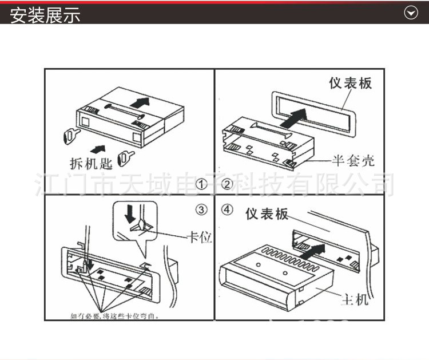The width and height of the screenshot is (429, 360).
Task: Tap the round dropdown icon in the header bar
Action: (x=411, y=13)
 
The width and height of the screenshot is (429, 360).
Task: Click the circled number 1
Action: (x=201, y=184)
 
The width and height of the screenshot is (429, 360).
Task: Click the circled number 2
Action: (x=227, y=184)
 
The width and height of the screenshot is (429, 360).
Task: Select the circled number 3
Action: (x=201, y=209)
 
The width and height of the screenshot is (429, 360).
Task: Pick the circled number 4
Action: (x=228, y=209)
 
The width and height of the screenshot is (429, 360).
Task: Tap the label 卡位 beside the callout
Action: (x=200, y=236)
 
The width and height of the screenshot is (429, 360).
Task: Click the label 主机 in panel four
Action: (x=355, y=299)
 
